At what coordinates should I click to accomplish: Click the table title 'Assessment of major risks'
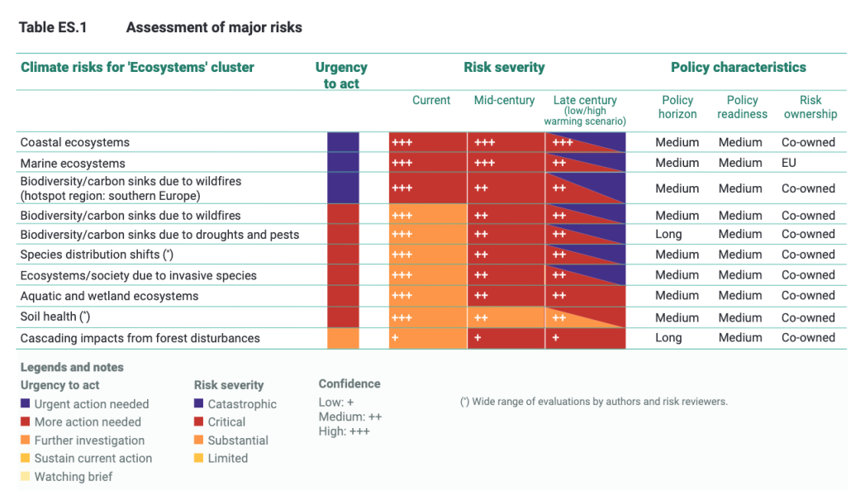click(x=214, y=28)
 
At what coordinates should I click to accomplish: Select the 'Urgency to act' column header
click(x=341, y=75)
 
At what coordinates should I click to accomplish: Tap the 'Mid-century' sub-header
click(x=504, y=101)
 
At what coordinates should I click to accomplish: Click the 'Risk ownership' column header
click(x=810, y=107)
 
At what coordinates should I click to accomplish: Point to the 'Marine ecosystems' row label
click(x=73, y=163)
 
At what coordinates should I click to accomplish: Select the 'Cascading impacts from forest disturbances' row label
click(x=140, y=338)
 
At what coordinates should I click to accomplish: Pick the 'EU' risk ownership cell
click(x=789, y=163)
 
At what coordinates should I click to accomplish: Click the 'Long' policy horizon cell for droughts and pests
click(x=668, y=235)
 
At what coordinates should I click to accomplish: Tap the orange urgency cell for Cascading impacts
click(x=343, y=338)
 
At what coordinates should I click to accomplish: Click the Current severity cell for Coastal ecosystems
click(x=427, y=142)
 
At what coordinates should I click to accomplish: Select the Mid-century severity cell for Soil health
click(x=506, y=317)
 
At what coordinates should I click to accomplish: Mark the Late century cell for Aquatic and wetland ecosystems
click(x=585, y=296)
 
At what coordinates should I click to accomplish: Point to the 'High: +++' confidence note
click(x=344, y=431)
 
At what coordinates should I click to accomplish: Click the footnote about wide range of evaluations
click(x=593, y=402)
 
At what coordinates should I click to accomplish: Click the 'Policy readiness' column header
click(x=742, y=107)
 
